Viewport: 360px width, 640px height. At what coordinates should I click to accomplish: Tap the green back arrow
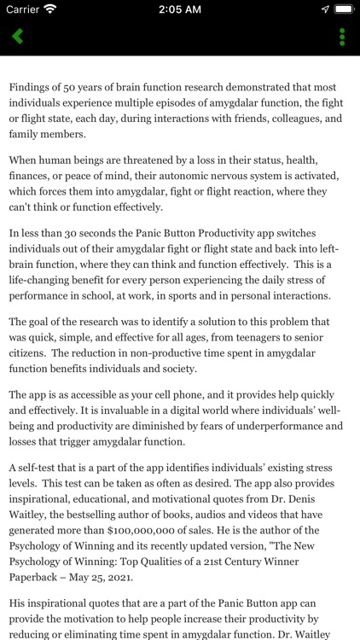click(17, 37)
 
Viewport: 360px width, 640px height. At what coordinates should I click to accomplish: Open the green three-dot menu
click(342, 37)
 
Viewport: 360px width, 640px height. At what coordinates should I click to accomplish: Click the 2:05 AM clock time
click(179, 9)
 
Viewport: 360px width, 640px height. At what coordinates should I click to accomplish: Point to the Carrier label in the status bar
click(24, 9)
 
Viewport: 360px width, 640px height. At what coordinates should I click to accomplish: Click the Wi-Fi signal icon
click(50, 9)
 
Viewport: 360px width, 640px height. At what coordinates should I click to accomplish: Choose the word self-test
click(45, 470)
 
